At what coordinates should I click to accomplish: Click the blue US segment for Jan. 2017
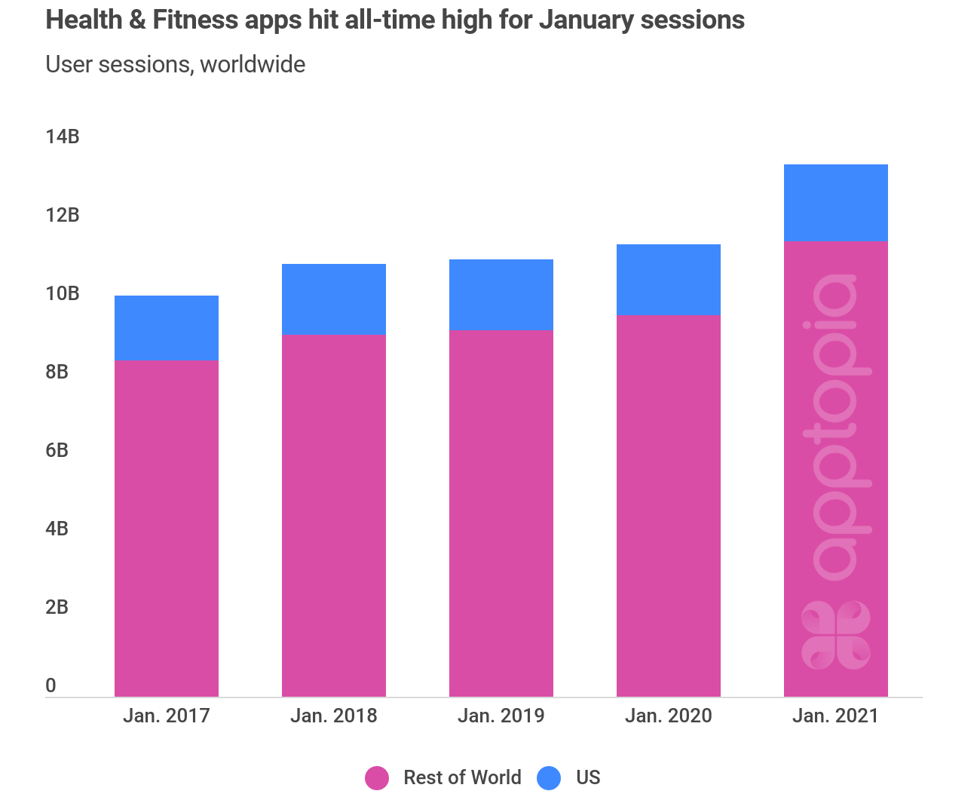point(167,327)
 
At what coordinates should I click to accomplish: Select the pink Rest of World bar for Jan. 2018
point(334,515)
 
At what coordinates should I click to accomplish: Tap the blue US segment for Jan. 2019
point(501,294)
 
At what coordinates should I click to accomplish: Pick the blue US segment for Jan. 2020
point(669,279)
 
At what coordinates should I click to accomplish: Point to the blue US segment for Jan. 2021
point(836,202)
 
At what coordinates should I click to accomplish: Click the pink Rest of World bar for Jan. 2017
point(167,528)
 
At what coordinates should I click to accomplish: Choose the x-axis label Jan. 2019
point(501,716)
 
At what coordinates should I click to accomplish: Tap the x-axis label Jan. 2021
point(836,716)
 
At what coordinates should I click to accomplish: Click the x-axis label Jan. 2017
point(167,716)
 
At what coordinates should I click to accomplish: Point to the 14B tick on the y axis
point(62,136)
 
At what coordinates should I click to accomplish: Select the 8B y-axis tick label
point(57,372)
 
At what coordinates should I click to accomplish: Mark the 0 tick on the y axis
point(51,685)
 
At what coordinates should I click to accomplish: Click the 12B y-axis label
point(62,215)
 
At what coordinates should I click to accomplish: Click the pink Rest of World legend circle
point(377,777)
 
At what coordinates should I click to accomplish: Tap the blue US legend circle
point(550,777)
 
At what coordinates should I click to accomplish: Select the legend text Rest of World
point(462,777)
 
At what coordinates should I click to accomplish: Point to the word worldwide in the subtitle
point(253,64)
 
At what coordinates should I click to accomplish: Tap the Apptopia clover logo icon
point(835,634)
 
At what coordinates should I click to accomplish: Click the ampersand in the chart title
point(136,20)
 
